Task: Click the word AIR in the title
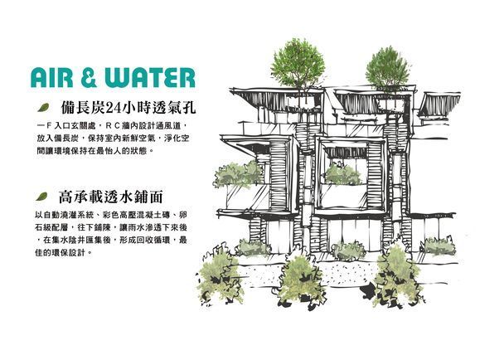point(52,78)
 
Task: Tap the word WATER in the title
point(150,78)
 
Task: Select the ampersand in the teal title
point(89,78)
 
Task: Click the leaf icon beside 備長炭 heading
point(43,108)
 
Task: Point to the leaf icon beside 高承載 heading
point(41,197)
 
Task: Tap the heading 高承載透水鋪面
point(110,197)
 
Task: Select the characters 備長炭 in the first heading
point(83,108)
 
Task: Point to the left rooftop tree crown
point(298,64)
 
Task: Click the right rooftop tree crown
point(386,67)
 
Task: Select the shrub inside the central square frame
point(342,175)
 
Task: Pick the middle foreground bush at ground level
point(302,282)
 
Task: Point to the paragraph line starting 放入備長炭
point(113,139)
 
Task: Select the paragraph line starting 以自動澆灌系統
point(111,215)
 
